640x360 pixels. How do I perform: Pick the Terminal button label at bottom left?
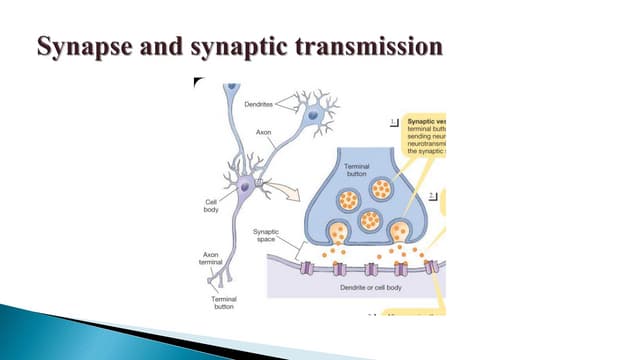tap(224, 302)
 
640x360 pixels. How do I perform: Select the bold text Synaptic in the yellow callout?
tap(425, 120)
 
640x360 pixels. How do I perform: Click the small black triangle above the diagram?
tap(198, 81)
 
